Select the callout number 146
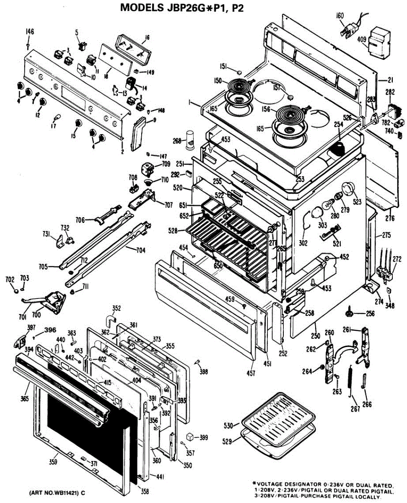(x=30, y=32)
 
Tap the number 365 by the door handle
(x=24, y=399)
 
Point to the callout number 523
(x=357, y=202)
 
